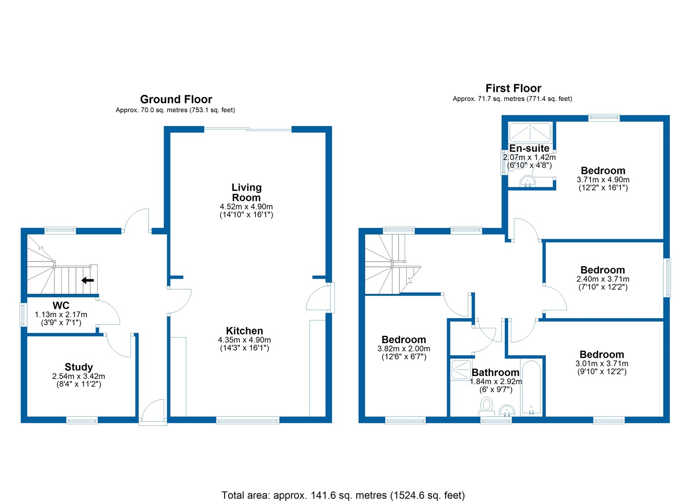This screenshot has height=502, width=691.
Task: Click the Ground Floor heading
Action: pyautogui.click(x=176, y=99)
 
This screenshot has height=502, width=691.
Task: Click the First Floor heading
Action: pyautogui.click(x=513, y=88)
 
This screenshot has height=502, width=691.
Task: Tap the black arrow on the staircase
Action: pyautogui.click(x=88, y=281)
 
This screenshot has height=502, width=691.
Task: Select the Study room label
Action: pyautogui.click(x=79, y=367)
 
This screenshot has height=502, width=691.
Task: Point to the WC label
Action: pyautogui.click(x=61, y=305)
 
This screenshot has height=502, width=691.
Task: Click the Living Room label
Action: pyautogui.click(x=246, y=193)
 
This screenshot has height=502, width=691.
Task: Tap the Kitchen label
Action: pyautogui.click(x=244, y=331)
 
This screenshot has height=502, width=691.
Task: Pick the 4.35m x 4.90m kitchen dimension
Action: pyautogui.click(x=244, y=340)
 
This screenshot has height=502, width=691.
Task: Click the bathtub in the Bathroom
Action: pyautogui.click(x=531, y=388)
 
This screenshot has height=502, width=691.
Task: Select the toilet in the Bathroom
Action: pyautogui.click(x=487, y=406)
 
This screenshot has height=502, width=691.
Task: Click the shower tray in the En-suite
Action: pyautogui.click(x=530, y=133)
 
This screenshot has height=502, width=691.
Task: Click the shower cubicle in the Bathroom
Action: pyautogui.click(x=461, y=370)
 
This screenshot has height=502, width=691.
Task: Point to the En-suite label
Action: pyautogui.click(x=529, y=148)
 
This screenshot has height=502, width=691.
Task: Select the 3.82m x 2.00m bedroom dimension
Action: pyautogui.click(x=404, y=349)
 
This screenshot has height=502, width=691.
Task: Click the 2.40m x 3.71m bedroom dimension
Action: pyautogui.click(x=602, y=279)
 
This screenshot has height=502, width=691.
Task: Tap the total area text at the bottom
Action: pyautogui.click(x=343, y=495)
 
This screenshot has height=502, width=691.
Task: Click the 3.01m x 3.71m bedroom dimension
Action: pyautogui.click(x=602, y=364)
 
